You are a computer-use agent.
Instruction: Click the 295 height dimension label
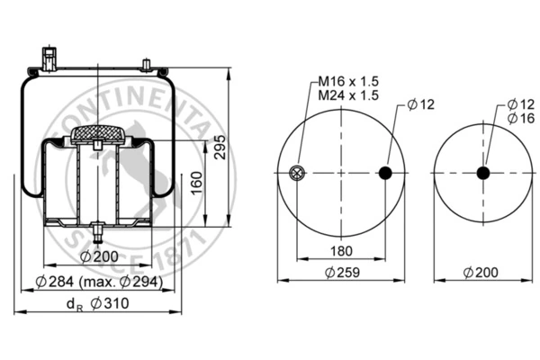coord(220,147)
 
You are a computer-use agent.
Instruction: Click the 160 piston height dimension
coord(196,183)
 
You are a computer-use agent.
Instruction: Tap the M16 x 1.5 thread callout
coord(347,81)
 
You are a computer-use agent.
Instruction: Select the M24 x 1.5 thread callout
coord(347,95)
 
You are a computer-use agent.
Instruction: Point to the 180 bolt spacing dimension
coord(341,251)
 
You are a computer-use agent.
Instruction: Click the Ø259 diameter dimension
coord(342,273)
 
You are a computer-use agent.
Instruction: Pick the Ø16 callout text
coord(521,118)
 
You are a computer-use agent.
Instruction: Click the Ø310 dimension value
coord(110,303)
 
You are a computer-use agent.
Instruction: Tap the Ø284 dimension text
coord(54,282)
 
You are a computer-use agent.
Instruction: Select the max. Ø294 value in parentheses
coord(121,282)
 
